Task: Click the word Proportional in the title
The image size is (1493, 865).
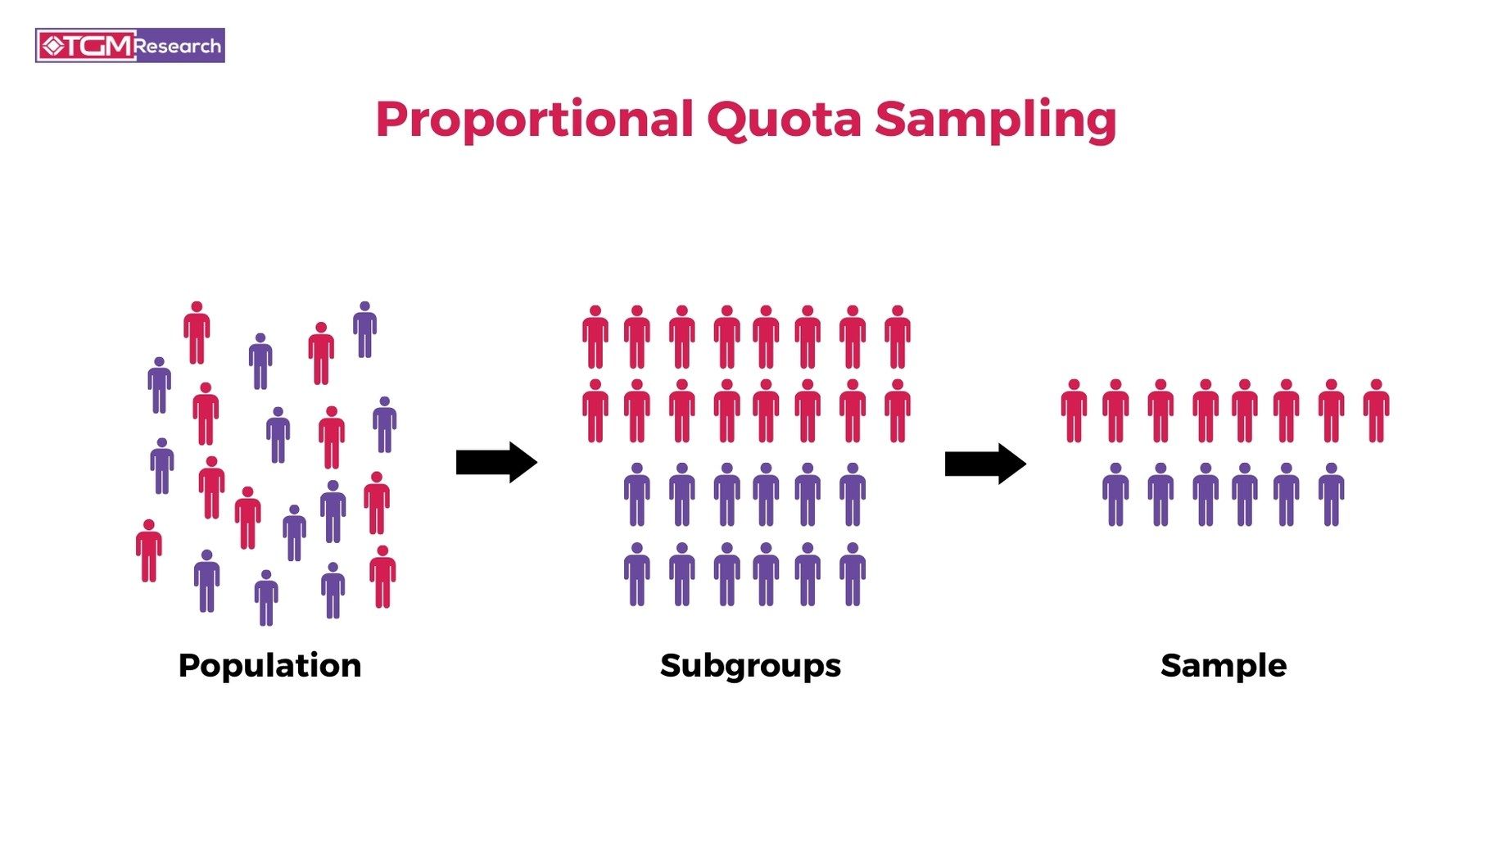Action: coord(535,120)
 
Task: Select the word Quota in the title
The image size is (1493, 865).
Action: coord(784,120)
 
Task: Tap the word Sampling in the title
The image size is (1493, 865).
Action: coord(995,120)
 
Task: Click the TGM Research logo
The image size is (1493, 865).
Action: coord(130,46)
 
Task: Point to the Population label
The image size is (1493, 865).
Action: coord(269,665)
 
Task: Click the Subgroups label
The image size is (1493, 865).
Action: coord(750,665)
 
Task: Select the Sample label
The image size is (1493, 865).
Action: coord(1223,665)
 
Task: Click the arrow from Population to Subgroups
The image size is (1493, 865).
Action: coord(496,463)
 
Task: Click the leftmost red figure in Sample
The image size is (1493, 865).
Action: coord(1074,411)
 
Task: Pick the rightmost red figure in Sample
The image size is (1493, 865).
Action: coord(1376,411)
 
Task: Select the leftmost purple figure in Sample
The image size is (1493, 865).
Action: coord(1115,495)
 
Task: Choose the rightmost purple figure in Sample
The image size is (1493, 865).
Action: coord(1331,495)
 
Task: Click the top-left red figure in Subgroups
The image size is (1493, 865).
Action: coord(595,337)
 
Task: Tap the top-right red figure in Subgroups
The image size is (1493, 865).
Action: coord(898,337)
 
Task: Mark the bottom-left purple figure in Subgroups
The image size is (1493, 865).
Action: coord(637,574)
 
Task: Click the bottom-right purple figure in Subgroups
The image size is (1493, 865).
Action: coord(853,574)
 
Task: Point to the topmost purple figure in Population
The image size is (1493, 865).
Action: coord(364,330)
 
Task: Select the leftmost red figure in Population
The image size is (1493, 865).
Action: coord(148,550)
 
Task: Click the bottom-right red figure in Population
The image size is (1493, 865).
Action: coord(382,577)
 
